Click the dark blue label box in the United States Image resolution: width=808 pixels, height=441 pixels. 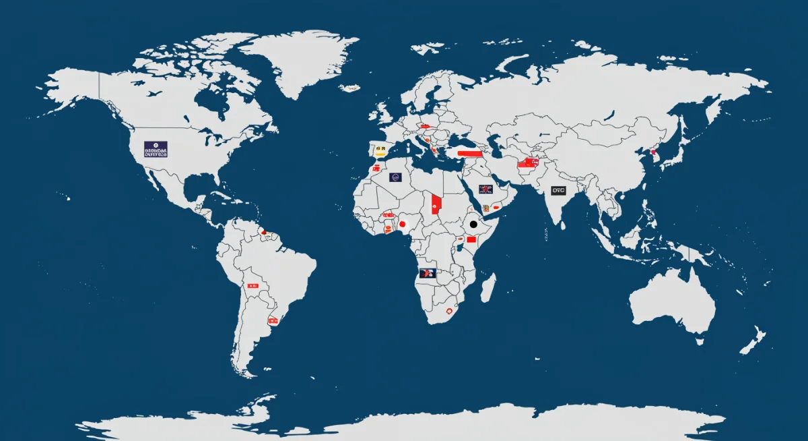pyautogui.click(x=156, y=149)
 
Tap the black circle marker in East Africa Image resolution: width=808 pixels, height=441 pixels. pyautogui.click(x=473, y=224)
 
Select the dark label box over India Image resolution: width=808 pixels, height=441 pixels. pyautogui.click(x=558, y=191)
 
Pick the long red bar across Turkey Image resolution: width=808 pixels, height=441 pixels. pyautogui.click(x=470, y=153)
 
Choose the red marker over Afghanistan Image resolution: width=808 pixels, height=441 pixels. pyautogui.click(x=527, y=163)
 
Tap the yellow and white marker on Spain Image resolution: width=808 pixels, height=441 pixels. pyautogui.click(x=380, y=149)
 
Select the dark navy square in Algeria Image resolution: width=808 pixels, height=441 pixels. pyautogui.click(x=395, y=179)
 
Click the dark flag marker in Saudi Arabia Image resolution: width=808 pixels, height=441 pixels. pyautogui.click(x=485, y=189)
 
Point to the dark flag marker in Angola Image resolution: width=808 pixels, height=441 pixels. pyautogui.click(x=427, y=273)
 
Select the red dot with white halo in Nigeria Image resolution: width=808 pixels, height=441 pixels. pyautogui.click(x=403, y=224)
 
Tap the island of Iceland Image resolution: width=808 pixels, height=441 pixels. pyautogui.click(x=350, y=88)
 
